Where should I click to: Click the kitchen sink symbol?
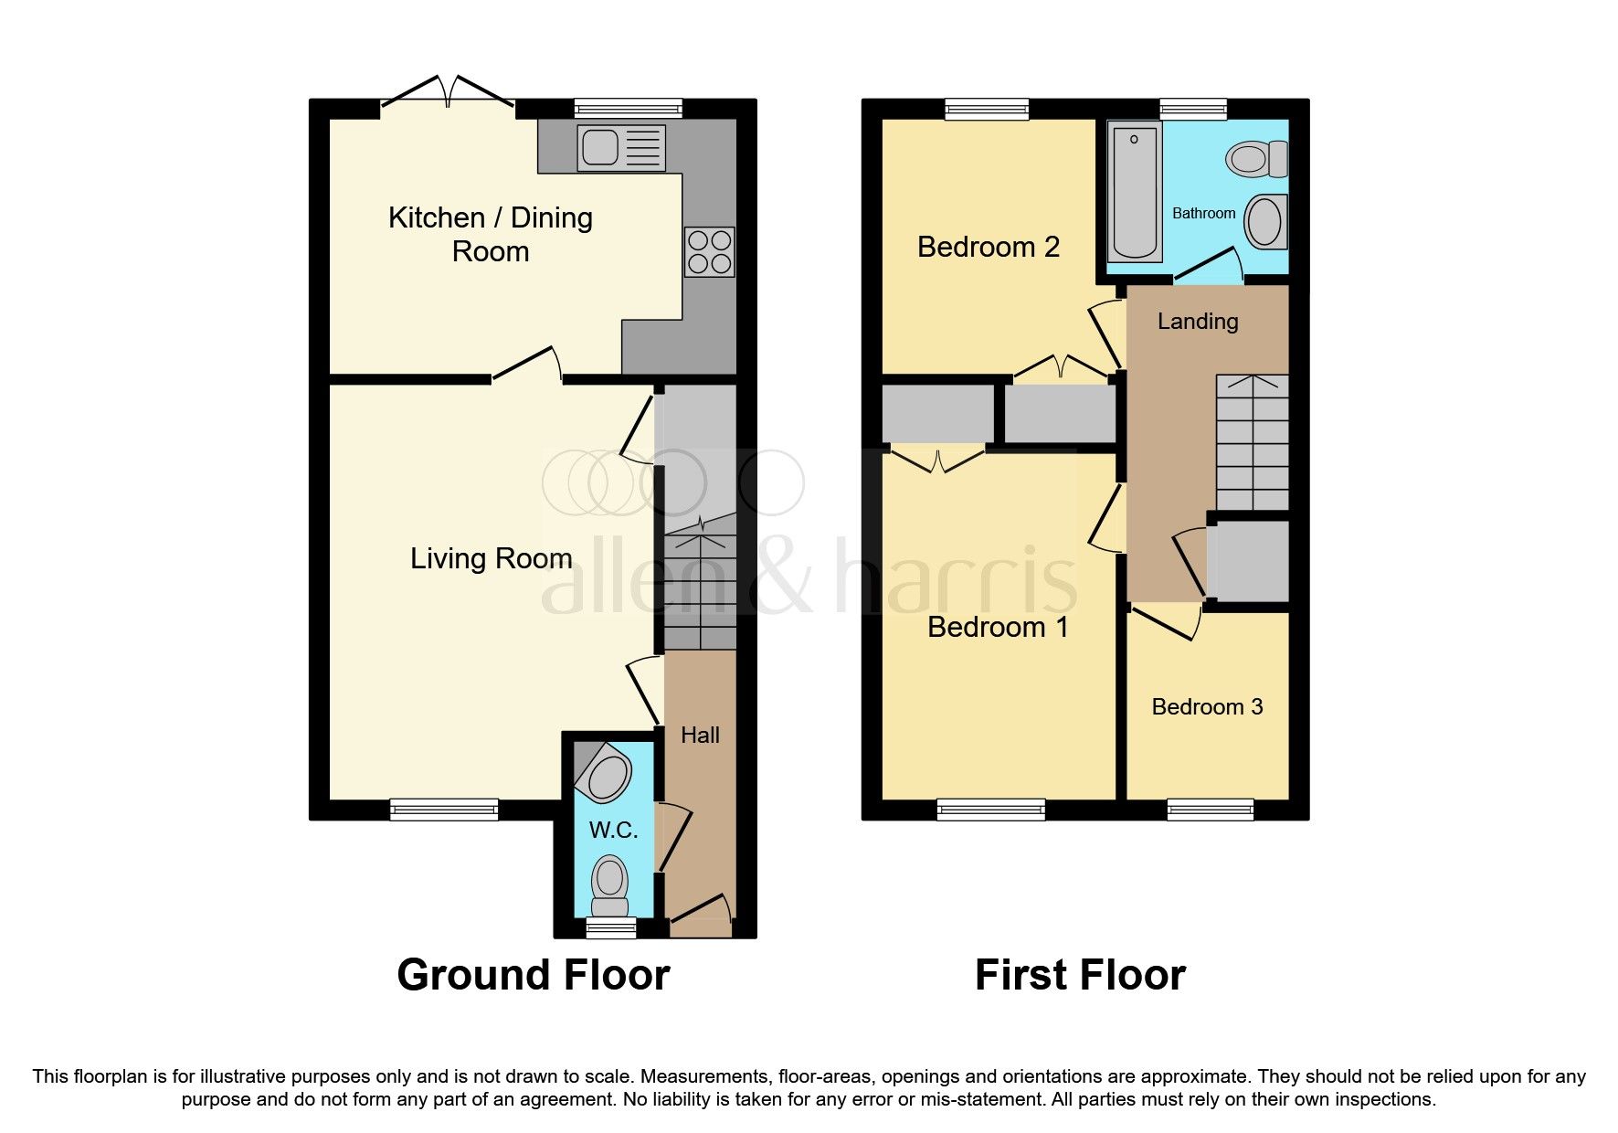620,147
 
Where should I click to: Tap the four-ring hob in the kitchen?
709,251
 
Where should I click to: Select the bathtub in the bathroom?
1135,192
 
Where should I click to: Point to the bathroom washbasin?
1265,221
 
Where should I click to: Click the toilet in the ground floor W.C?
609,885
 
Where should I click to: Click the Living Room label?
491,558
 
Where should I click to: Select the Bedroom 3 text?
1207,706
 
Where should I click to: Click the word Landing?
1197,321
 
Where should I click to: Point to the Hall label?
700,735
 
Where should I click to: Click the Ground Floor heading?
533,975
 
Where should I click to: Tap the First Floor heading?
1080,975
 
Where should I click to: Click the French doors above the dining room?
448,95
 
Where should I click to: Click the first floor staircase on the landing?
1252,442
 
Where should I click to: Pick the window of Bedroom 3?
1211,809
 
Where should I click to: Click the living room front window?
444,809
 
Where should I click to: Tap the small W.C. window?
610,928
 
